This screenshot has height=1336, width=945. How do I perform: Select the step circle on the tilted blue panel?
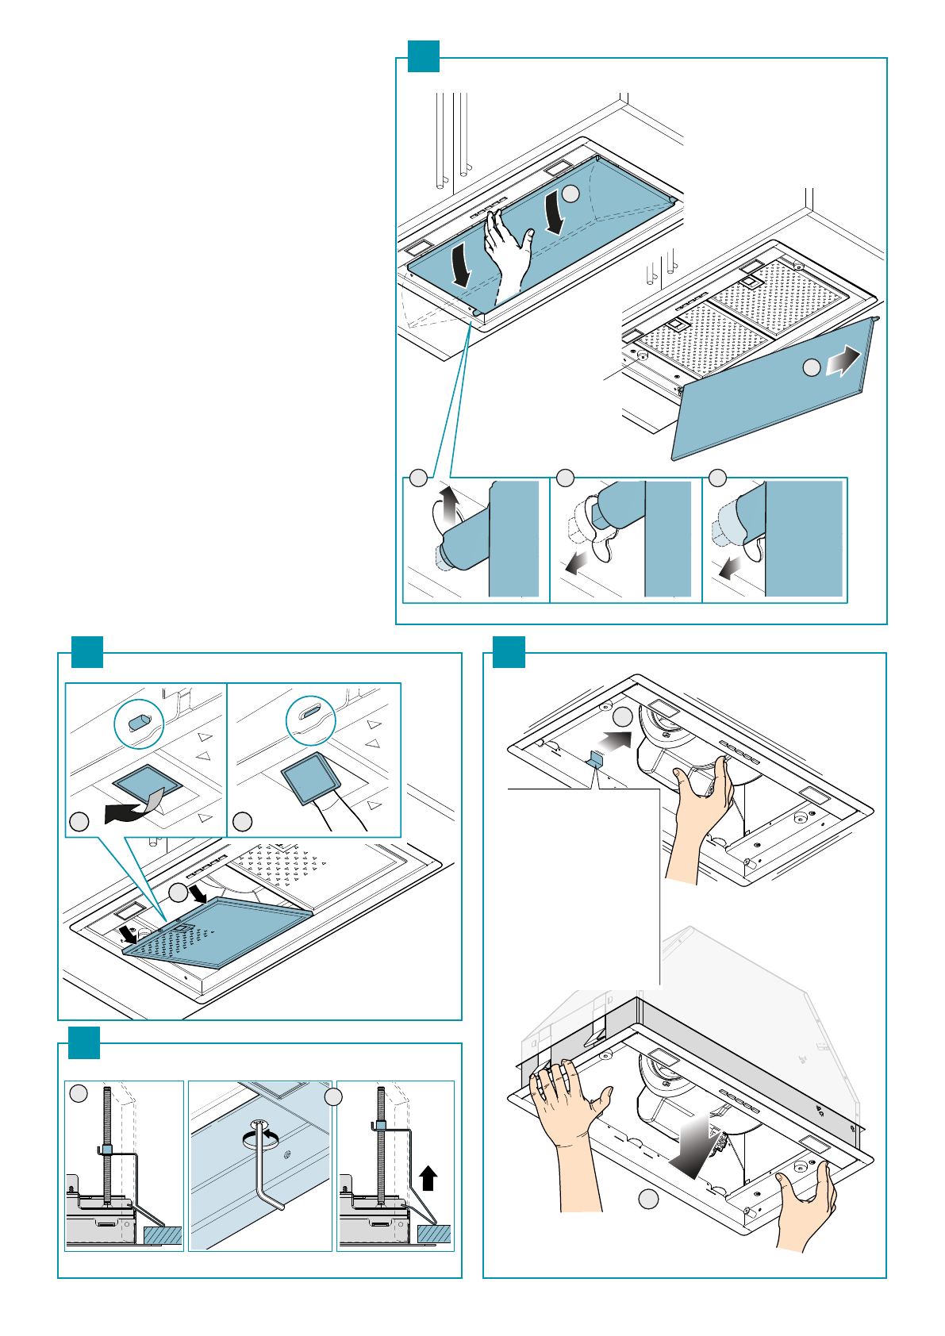(811, 367)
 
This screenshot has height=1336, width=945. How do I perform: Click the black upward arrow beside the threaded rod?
(428, 1178)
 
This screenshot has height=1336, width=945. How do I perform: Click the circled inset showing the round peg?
(139, 724)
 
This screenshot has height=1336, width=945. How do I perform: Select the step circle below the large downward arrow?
(648, 1200)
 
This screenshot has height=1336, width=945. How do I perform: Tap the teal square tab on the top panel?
(423, 56)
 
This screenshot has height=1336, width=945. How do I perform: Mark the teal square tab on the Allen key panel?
(83, 1042)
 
